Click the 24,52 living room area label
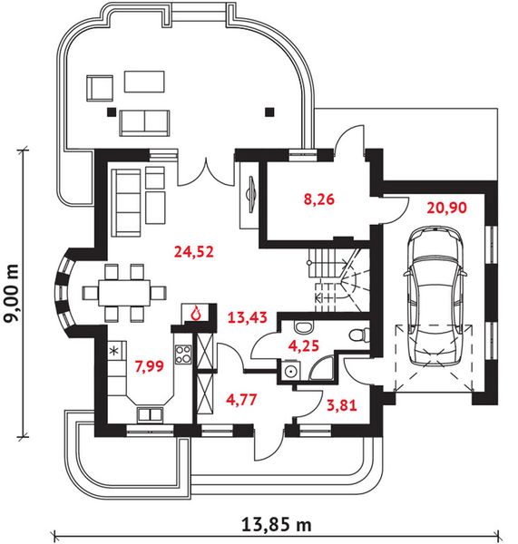(194, 251)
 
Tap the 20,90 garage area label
(446, 208)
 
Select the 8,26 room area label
(318, 199)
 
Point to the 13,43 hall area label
(248, 317)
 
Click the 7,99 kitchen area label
(150, 366)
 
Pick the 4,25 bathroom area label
(304, 346)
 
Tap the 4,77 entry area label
(241, 399)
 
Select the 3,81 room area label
(342, 405)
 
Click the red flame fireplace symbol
(197, 313)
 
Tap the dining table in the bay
(124, 293)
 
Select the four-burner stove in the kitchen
(182, 355)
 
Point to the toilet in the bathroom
(358, 335)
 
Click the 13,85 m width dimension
(276, 525)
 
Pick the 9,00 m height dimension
(12, 293)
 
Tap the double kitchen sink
(150, 414)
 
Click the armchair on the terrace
(100, 88)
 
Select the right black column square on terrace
(269, 112)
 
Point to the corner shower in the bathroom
(321, 368)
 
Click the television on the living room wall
(252, 193)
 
